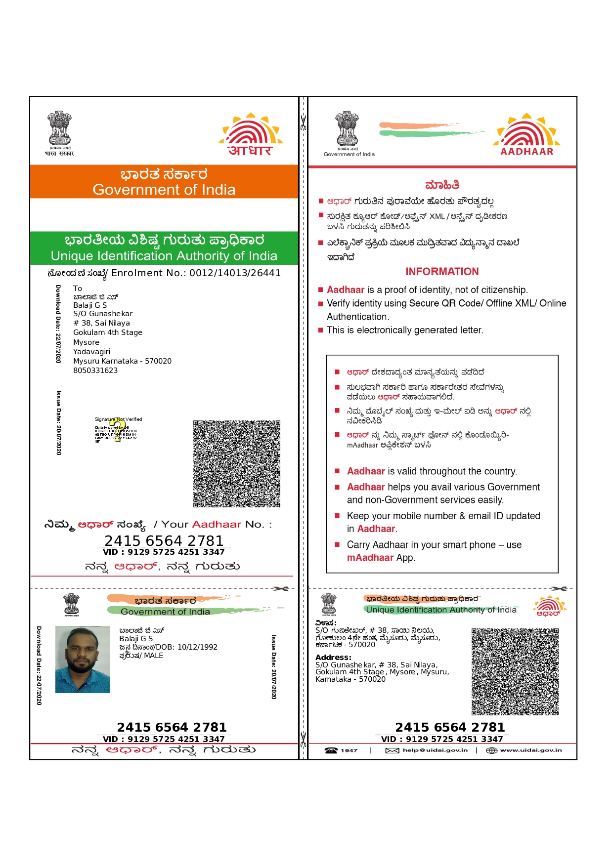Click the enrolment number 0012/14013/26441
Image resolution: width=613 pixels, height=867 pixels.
pos(235,273)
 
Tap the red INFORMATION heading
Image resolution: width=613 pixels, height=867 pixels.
pos(442,272)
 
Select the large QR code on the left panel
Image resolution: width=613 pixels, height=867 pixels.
pos(237,463)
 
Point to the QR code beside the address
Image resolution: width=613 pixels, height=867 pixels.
pos(515,671)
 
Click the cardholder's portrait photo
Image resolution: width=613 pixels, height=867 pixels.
pos(83,659)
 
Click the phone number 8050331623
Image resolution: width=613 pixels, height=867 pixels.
pos(95,371)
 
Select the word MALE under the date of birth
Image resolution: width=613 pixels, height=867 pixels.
pos(153,656)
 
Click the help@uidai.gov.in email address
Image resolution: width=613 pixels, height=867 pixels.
pos(435,750)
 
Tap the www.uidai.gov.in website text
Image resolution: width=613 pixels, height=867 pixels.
pos(530,750)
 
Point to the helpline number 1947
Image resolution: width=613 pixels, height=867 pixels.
pos(349,750)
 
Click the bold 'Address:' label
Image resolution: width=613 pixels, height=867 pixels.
pos(333,658)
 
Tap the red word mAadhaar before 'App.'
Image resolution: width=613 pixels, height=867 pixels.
pos(370,558)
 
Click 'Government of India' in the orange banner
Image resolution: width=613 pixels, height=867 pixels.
pos(164,190)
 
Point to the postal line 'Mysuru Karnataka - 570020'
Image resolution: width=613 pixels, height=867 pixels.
pos(122,361)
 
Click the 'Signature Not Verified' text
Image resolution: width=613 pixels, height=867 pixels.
pos(118,419)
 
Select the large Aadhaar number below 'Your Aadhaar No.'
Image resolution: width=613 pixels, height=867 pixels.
pos(164,540)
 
